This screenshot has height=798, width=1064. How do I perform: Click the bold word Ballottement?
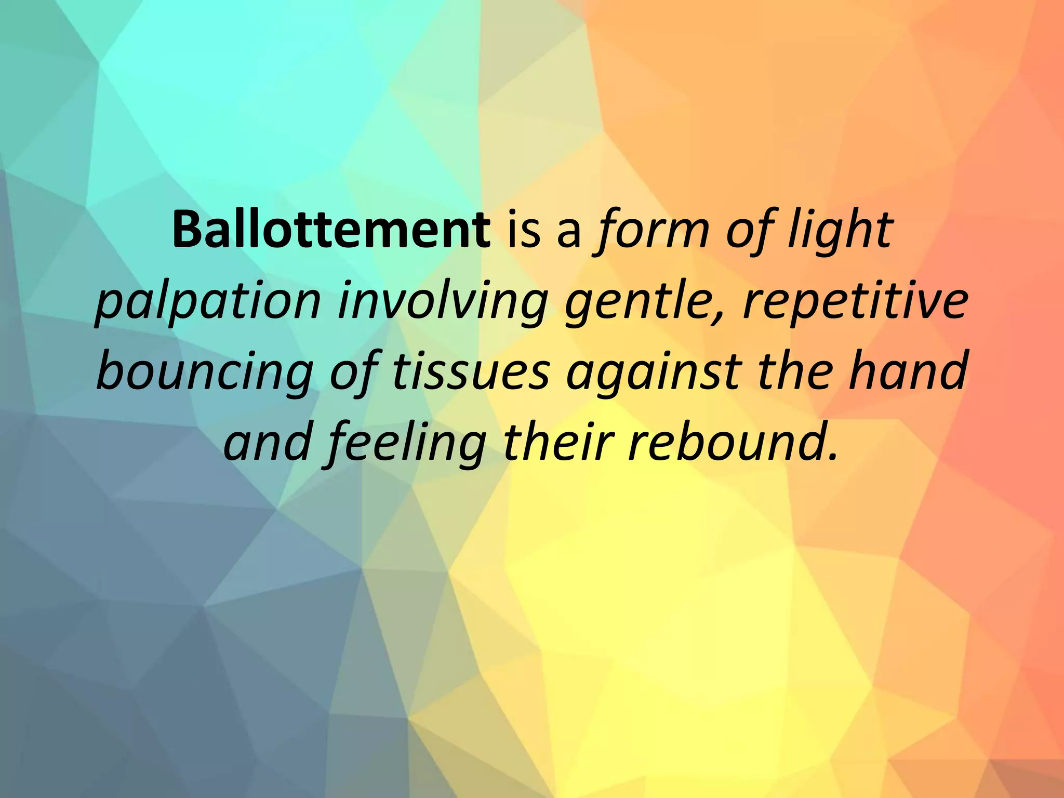tap(331, 230)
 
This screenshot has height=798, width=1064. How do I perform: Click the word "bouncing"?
tap(205, 371)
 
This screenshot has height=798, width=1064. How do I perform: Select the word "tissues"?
tap(470, 371)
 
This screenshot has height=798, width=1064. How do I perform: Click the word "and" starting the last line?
tap(268, 443)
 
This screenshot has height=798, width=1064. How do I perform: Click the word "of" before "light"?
tap(748, 230)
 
